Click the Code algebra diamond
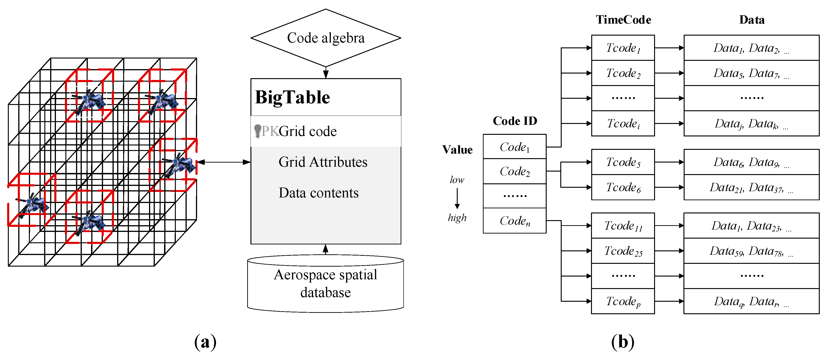(x=326, y=38)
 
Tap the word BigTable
(x=292, y=97)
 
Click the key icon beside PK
(x=257, y=131)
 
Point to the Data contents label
(x=318, y=193)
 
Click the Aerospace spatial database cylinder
(x=325, y=284)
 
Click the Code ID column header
(x=515, y=121)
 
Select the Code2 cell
(x=515, y=171)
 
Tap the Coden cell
(x=515, y=221)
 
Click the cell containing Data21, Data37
(x=751, y=188)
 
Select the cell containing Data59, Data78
(x=751, y=251)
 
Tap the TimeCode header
(x=623, y=20)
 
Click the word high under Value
(x=457, y=218)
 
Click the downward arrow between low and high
(x=457, y=198)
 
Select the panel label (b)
(x=622, y=342)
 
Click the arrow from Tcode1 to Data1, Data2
(x=669, y=48)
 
